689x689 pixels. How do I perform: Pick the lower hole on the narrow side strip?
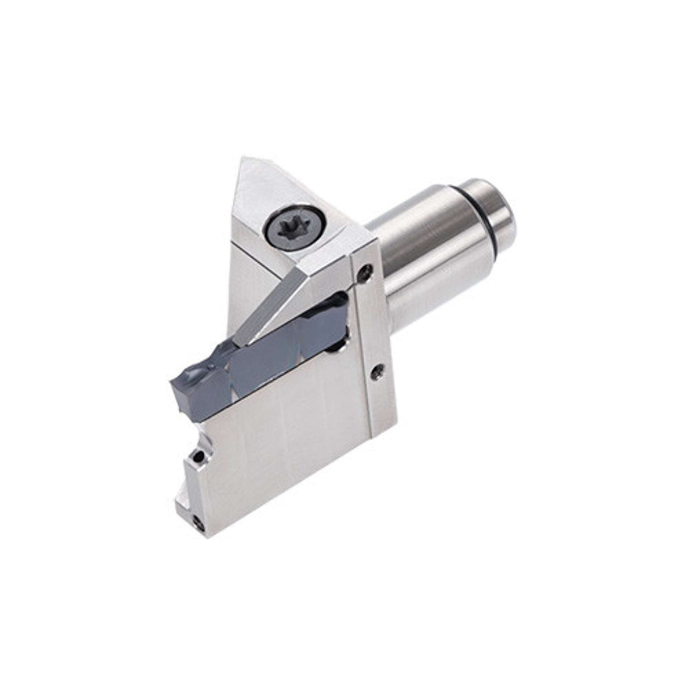375,373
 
